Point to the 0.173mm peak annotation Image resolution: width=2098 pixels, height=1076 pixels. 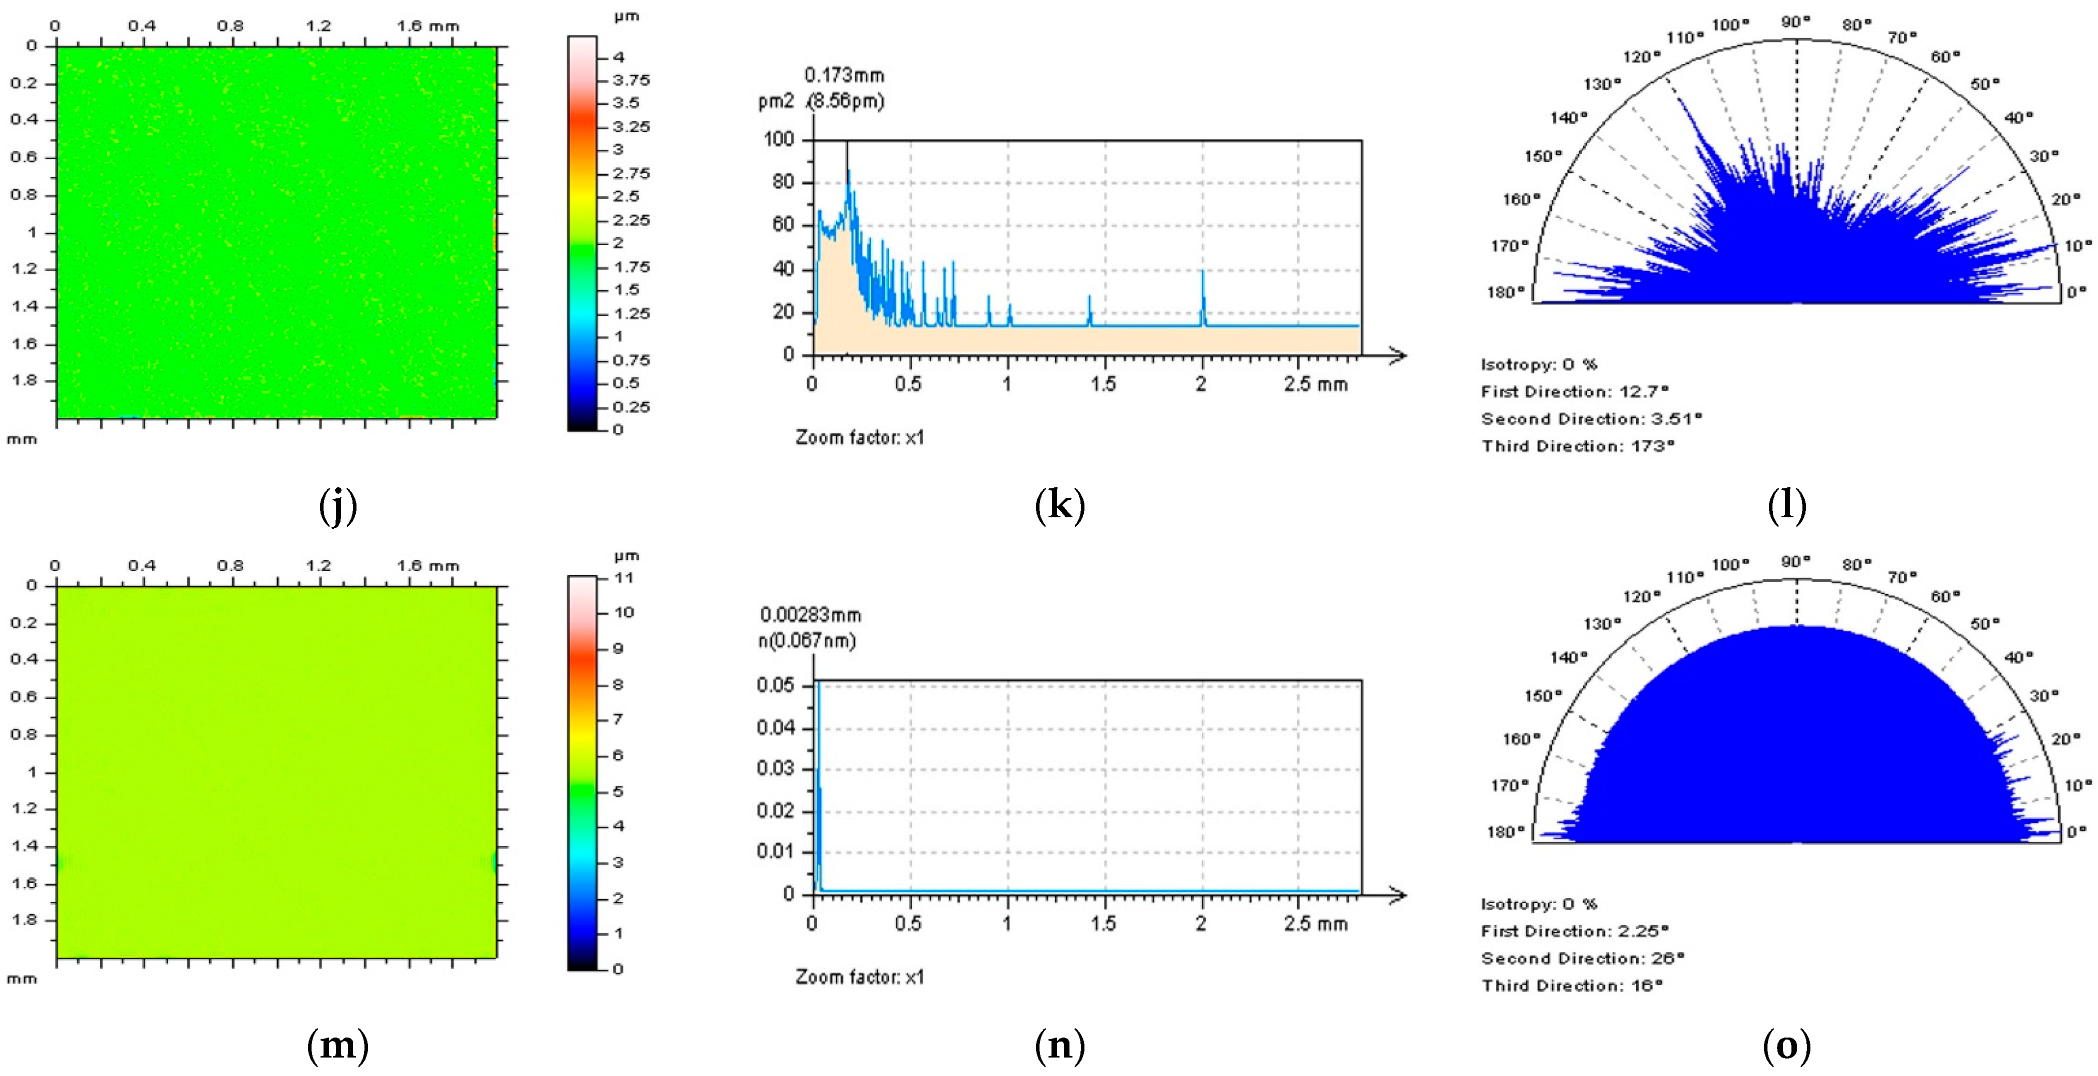click(x=844, y=76)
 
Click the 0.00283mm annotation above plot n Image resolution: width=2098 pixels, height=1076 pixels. click(x=810, y=615)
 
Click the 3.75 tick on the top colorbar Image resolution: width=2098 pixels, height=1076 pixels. click(x=631, y=80)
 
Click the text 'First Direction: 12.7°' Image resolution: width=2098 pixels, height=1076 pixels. click(x=1574, y=392)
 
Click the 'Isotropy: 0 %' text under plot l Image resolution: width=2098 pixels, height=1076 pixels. click(x=1538, y=364)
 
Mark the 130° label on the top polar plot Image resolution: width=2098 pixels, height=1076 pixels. click(x=1602, y=84)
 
